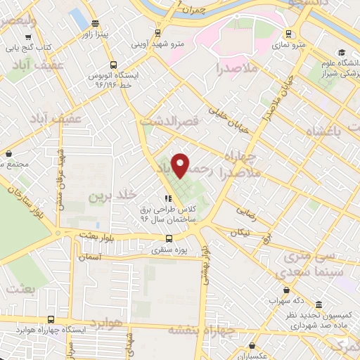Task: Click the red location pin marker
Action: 181,166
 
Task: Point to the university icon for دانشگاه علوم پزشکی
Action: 342,52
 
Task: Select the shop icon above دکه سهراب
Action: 286,290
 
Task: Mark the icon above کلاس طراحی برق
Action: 167,200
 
